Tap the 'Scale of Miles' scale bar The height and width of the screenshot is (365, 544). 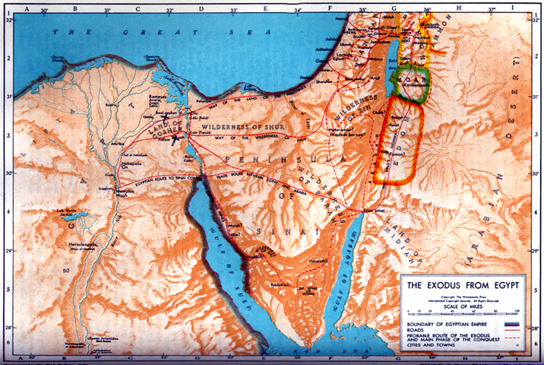(463, 311)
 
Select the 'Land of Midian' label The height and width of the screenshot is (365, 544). (395, 228)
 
